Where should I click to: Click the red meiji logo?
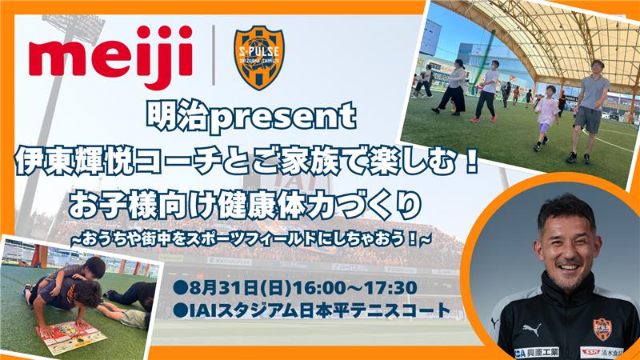click(110, 57)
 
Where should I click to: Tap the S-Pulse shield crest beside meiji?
click(259, 57)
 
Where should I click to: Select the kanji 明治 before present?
click(177, 116)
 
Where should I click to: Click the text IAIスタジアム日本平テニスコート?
click(318, 311)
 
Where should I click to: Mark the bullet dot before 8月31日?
click(178, 288)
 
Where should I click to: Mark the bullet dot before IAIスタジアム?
click(178, 311)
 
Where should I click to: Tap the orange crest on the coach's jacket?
click(602, 330)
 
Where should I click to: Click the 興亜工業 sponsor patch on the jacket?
click(536, 352)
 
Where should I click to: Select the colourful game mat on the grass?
click(70, 336)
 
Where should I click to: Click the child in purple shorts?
click(546, 118)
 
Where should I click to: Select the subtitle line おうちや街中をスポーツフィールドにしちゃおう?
click(250, 239)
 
